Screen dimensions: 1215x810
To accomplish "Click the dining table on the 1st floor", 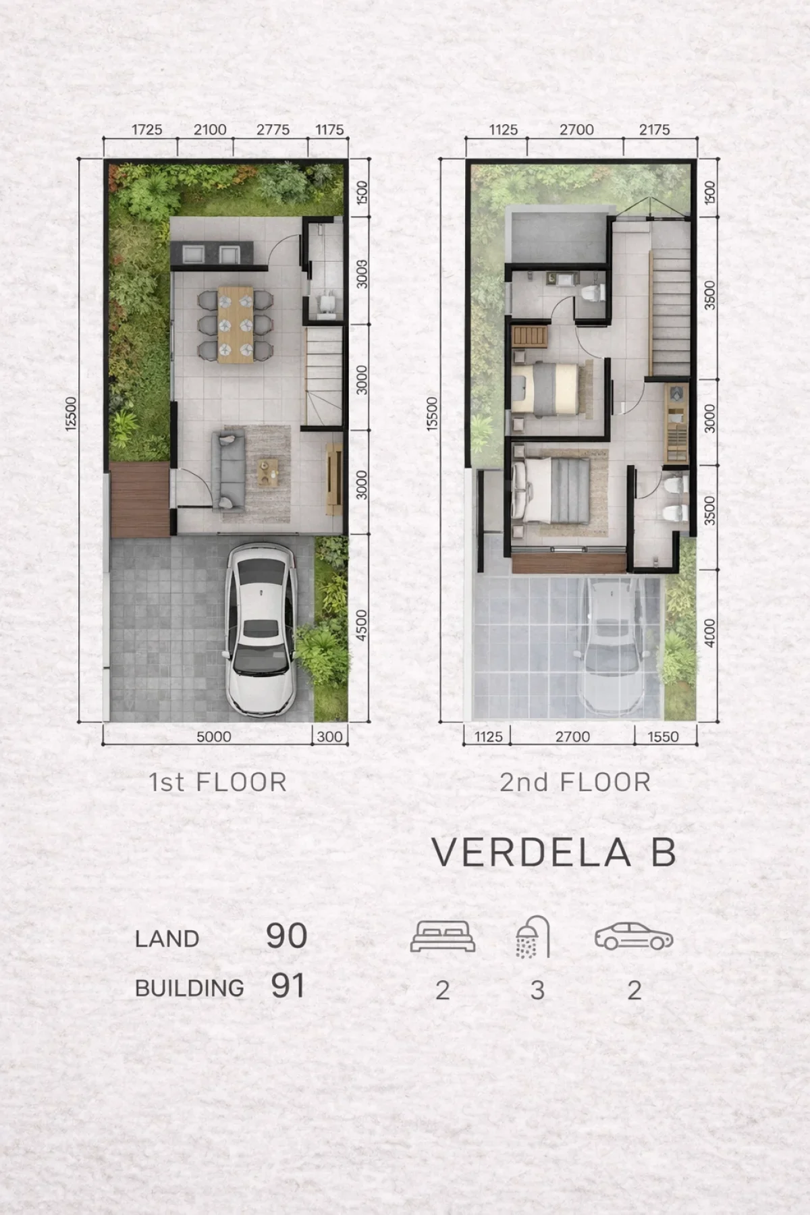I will [x=236, y=324].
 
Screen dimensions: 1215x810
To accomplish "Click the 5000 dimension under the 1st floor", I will [x=213, y=736].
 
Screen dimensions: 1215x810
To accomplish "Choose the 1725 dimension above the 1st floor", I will [x=146, y=130].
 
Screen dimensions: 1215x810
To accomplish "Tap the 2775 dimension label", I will [x=273, y=130].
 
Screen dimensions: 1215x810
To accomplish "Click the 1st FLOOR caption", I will [x=217, y=782].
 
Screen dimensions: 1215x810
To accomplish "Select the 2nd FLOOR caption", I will [x=575, y=782].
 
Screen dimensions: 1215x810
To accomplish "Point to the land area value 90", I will [x=286, y=936].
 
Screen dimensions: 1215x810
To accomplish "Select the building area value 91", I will [x=288, y=986].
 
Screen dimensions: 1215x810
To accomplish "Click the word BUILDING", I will [x=190, y=988].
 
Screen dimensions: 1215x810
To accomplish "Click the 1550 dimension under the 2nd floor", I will [x=663, y=736].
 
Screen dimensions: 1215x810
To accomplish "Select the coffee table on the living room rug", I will [x=269, y=470].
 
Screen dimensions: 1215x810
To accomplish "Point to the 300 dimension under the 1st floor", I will [x=329, y=736].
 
